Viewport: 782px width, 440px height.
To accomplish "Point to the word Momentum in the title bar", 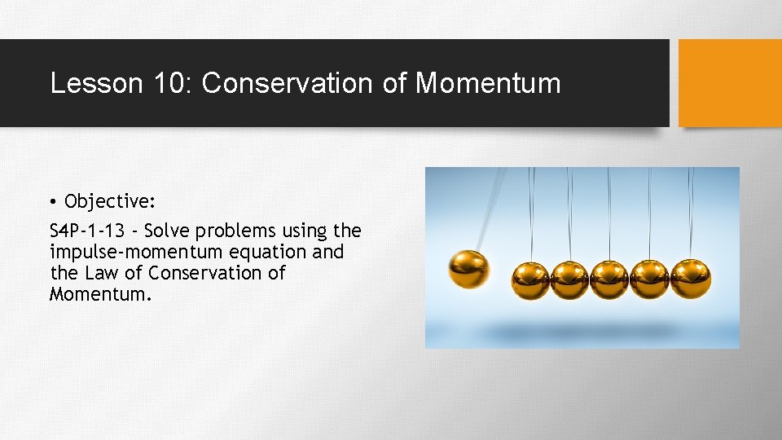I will [488, 83].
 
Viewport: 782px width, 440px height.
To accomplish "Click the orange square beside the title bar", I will [730, 83].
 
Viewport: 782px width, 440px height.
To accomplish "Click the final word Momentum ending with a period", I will [100, 293].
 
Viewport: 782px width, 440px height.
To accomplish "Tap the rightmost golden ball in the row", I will [690, 279].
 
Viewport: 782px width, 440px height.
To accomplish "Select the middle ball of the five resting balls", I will [609, 279].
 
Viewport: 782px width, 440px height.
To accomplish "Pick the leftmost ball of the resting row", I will [530, 279].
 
